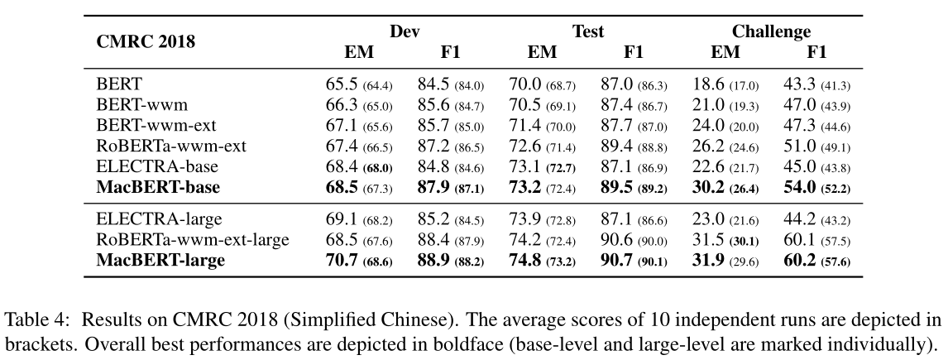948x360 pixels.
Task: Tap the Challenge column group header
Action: (770, 32)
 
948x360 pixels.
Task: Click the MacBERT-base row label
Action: (158, 188)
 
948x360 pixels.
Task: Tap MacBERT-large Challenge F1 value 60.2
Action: (799, 262)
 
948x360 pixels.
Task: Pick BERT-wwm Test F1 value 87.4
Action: (616, 105)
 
